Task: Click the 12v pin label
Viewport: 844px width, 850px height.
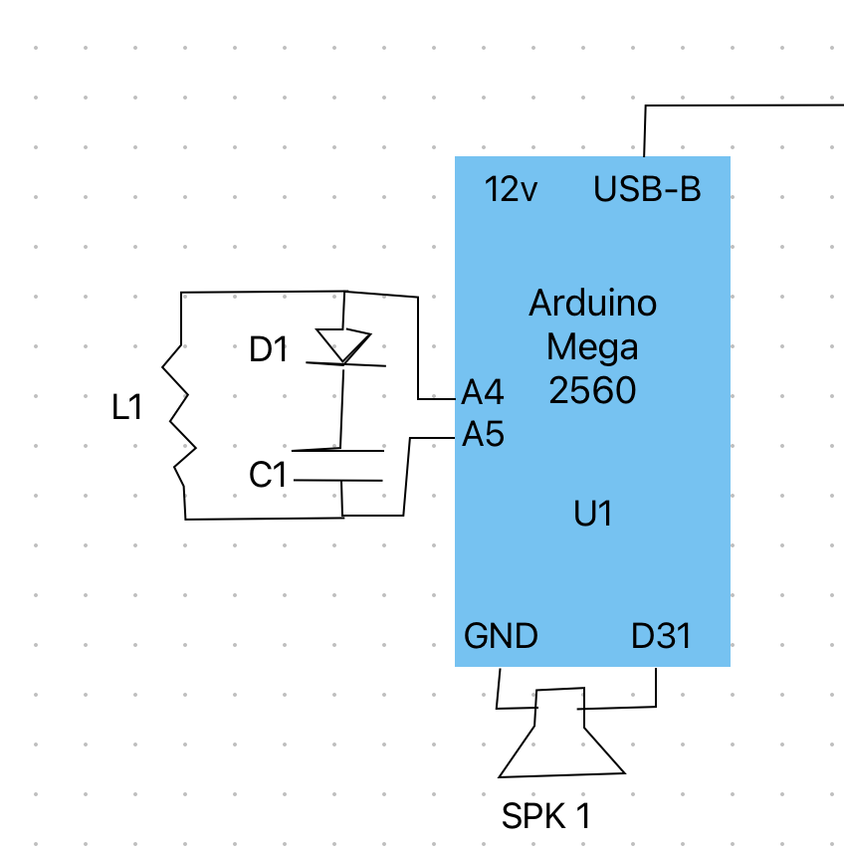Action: [512, 189]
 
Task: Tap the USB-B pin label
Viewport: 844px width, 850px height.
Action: [647, 189]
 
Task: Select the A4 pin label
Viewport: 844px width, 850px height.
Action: [483, 393]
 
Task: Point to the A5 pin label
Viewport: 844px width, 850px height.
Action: [483, 435]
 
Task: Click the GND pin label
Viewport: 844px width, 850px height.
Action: [501, 636]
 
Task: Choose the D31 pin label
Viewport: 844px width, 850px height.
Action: [661, 636]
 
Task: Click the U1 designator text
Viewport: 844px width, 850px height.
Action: [593, 514]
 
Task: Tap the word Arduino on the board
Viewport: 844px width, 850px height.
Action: [592, 303]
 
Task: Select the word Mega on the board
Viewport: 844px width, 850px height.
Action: [592, 347]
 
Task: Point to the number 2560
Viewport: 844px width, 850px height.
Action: [592, 391]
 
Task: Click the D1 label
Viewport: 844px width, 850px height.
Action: [268, 349]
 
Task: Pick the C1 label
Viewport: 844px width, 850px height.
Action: [268, 476]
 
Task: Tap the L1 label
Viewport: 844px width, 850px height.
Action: [127, 407]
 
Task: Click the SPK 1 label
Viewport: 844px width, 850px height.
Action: [546, 817]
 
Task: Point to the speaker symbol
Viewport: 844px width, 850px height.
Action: [560, 742]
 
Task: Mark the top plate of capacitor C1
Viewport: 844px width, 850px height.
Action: [338, 451]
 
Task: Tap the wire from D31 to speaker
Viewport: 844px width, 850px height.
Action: [656, 692]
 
